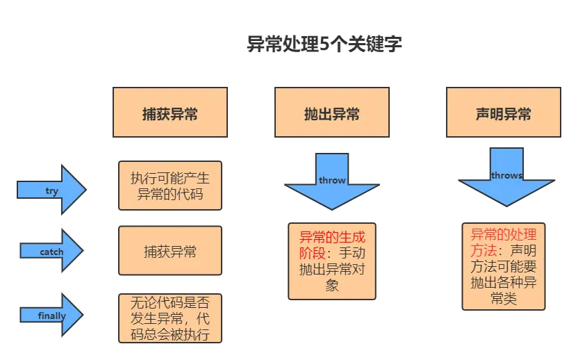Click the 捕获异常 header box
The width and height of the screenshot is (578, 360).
170,112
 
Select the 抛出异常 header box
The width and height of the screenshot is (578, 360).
331,112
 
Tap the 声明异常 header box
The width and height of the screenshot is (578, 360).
503,112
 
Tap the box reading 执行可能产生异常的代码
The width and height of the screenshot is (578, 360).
170,184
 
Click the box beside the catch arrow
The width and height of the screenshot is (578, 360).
170,251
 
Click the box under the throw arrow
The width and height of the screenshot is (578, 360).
332,260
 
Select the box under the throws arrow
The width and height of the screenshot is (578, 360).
503,266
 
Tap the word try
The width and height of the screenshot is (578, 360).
52,191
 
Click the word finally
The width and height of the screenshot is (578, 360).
52,316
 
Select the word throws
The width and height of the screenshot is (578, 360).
506,175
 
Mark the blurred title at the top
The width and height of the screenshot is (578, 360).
324,46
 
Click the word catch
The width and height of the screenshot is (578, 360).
52,252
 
